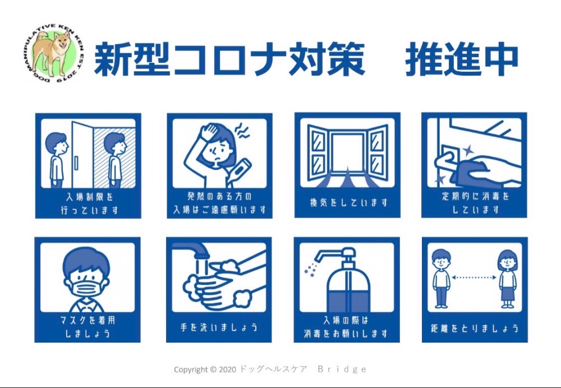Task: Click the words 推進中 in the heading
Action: [462, 59]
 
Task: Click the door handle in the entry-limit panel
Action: [76, 163]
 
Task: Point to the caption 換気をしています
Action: [349, 203]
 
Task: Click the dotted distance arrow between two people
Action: [473, 277]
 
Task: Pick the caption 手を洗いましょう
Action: [219, 327]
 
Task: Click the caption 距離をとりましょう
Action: [475, 328]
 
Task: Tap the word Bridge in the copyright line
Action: [342, 369]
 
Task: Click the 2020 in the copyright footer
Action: [227, 369]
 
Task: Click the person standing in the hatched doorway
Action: [115, 160]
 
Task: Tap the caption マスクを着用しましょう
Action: [88, 327]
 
